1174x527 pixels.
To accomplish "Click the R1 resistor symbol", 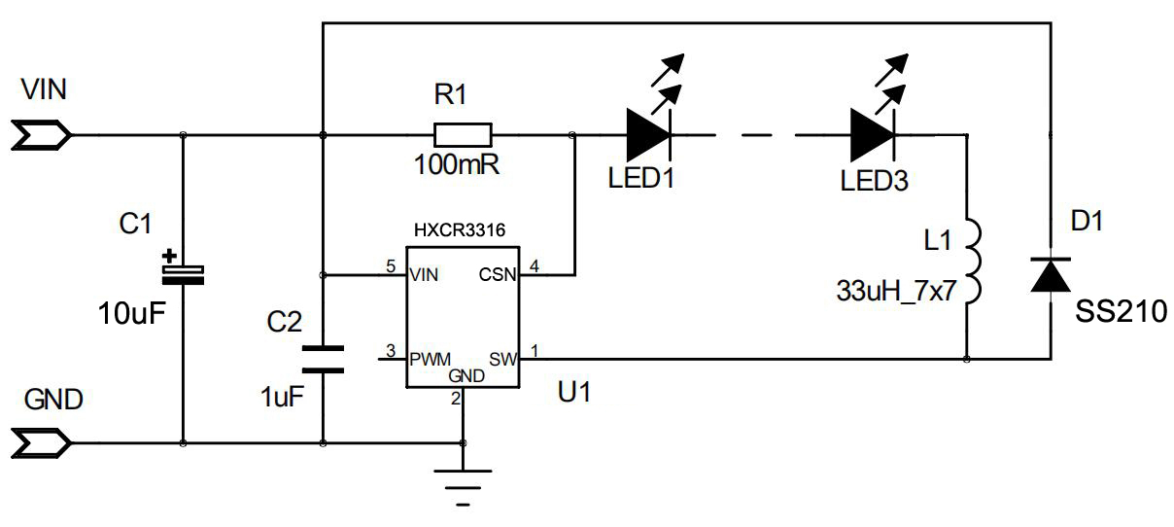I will [463, 135].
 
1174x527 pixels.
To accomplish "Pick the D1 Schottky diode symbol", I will [1051, 275].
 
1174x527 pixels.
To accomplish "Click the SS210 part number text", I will [1120, 311].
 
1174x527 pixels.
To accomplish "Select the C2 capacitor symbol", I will [323, 358].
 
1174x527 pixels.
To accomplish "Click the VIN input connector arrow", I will [42, 135].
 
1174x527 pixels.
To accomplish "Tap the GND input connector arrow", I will [42, 444].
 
